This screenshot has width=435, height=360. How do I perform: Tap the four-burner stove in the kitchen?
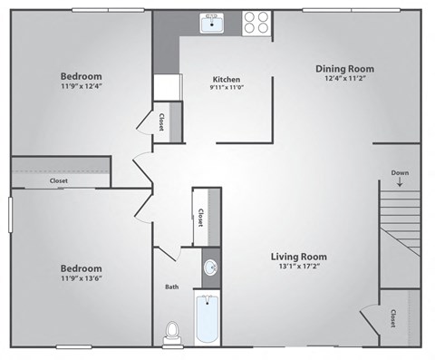(256, 23)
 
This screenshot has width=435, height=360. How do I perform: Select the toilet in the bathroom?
(171, 332)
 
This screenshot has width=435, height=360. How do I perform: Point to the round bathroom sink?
(210, 268)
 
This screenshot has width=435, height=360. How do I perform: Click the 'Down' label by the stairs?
(400, 172)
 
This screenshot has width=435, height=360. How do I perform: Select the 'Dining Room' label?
(344, 69)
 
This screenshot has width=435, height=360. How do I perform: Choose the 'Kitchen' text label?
(226, 78)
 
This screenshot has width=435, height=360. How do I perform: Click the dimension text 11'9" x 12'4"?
(82, 86)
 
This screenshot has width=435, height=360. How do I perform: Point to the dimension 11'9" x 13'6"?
(82, 279)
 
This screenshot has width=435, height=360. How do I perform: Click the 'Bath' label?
(171, 287)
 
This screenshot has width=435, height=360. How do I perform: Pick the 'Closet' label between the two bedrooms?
(59, 180)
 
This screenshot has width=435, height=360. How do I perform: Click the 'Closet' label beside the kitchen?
(161, 122)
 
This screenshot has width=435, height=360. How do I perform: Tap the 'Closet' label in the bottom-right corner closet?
(392, 318)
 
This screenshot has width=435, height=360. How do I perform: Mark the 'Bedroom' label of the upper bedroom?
(82, 75)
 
